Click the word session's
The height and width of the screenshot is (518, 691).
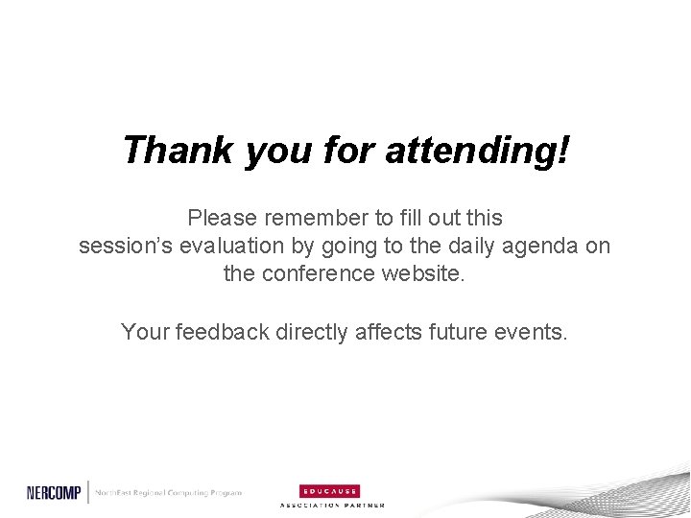click(126, 246)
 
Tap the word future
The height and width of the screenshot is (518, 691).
click(463, 332)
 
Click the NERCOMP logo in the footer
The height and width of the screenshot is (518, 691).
click(55, 492)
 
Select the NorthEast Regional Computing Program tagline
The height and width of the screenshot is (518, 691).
click(168, 492)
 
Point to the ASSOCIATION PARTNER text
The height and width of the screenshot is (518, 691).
click(331, 505)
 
